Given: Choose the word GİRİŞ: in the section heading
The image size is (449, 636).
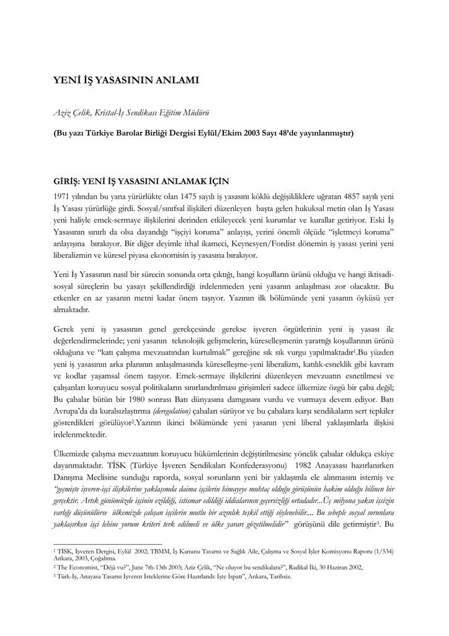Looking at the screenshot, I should point(68,182).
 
